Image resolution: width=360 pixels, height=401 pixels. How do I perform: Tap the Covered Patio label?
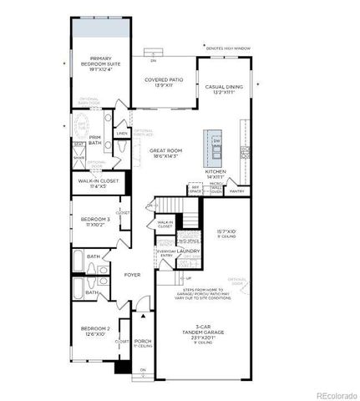pyautogui.click(x=163, y=84)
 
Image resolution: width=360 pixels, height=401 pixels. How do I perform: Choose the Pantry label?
pyautogui.click(x=236, y=191)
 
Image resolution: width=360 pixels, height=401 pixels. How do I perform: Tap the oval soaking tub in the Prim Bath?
pyautogui.click(x=83, y=128)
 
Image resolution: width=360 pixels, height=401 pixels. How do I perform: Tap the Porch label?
pyautogui.click(x=142, y=343)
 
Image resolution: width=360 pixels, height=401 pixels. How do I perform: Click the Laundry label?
pyautogui.click(x=187, y=251)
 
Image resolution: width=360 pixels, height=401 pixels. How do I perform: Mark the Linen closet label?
pyautogui.click(x=122, y=134)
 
